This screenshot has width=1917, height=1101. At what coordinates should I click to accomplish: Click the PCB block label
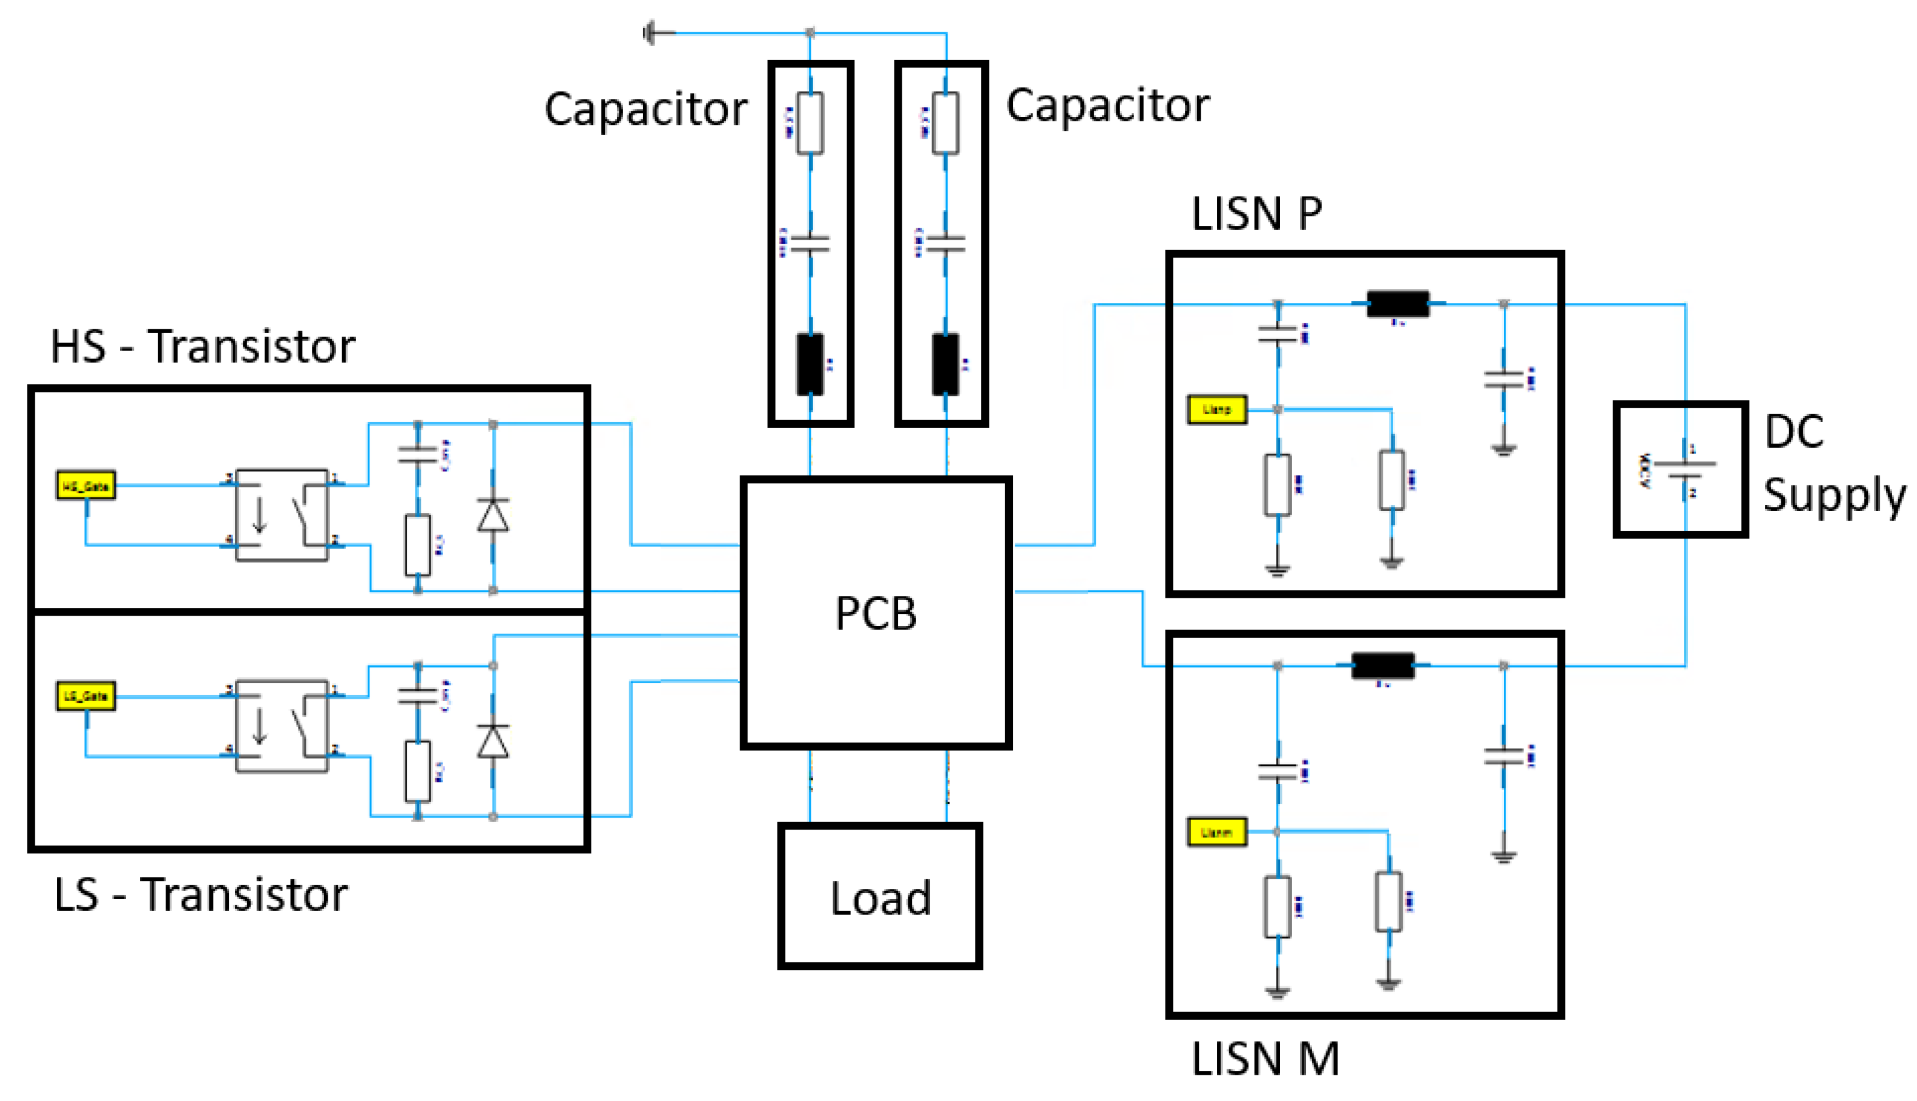[876, 613]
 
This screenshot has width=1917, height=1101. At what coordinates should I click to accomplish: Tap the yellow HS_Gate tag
[86, 485]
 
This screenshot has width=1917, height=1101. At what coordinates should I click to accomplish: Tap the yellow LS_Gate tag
[86, 696]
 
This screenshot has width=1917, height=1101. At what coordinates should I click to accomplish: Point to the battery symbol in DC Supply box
[1684, 470]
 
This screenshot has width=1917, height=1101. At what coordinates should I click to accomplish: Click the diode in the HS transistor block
[493, 516]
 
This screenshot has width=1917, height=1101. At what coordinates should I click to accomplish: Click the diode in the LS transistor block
[493, 742]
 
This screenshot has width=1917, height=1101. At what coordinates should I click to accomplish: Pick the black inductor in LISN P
[1397, 304]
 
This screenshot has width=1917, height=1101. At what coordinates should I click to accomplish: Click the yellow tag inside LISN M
[1216, 833]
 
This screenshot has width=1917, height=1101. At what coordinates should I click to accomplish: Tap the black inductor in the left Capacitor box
[810, 365]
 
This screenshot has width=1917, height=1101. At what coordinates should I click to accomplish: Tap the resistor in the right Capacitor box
[945, 123]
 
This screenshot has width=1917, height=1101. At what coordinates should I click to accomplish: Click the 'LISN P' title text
[1256, 214]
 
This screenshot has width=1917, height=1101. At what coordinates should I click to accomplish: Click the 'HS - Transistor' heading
[203, 347]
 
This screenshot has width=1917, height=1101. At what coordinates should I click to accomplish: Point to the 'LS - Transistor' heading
[200, 895]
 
